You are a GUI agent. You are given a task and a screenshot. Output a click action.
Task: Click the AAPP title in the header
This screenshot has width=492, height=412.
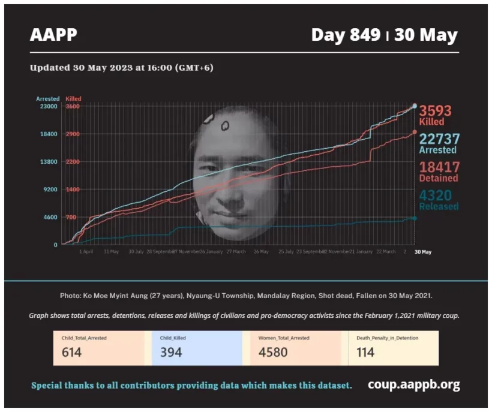[x=53, y=35]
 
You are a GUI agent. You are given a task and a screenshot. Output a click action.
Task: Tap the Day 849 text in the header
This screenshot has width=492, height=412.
[x=346, y=35]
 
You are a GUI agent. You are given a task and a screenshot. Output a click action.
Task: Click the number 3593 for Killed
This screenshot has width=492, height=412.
[x=435, y=111]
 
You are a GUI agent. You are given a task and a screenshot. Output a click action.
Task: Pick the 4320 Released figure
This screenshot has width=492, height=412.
[x=436, y=196]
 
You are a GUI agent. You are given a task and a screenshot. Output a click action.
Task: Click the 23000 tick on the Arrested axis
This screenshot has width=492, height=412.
[x=48, y=106]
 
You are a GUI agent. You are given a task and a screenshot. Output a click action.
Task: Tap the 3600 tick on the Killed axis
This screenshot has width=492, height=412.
[x=73, y=106]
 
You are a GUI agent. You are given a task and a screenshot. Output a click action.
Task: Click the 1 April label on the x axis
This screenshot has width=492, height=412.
[x=86, y=252]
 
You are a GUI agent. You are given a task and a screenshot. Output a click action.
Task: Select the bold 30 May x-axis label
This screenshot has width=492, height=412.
[x=423, y=252]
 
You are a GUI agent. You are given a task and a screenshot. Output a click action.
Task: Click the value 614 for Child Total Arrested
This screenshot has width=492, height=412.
[x=72, y=352]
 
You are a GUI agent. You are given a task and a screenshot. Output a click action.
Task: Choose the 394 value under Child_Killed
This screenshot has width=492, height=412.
[x=170, y=352]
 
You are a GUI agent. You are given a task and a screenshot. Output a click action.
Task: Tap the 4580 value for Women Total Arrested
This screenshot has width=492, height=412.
[x=273, y=352]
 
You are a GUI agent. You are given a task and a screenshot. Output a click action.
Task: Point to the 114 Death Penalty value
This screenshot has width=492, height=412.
[x=365, y=352]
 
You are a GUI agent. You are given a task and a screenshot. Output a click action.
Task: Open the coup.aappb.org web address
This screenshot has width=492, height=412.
[x=413, y=384]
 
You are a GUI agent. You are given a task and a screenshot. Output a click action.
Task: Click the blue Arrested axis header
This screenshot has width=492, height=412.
[x=48, y=98]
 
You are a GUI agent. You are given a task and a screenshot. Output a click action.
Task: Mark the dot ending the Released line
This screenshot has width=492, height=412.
[x=415, y=218]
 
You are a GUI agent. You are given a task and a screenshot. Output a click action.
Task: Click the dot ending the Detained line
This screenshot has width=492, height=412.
[x=415, y=133]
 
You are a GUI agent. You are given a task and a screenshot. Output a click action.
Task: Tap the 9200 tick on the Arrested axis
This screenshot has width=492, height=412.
[x=50, y=190]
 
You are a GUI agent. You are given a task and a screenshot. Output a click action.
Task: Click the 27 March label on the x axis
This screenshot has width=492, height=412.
[x=235, y=252]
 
